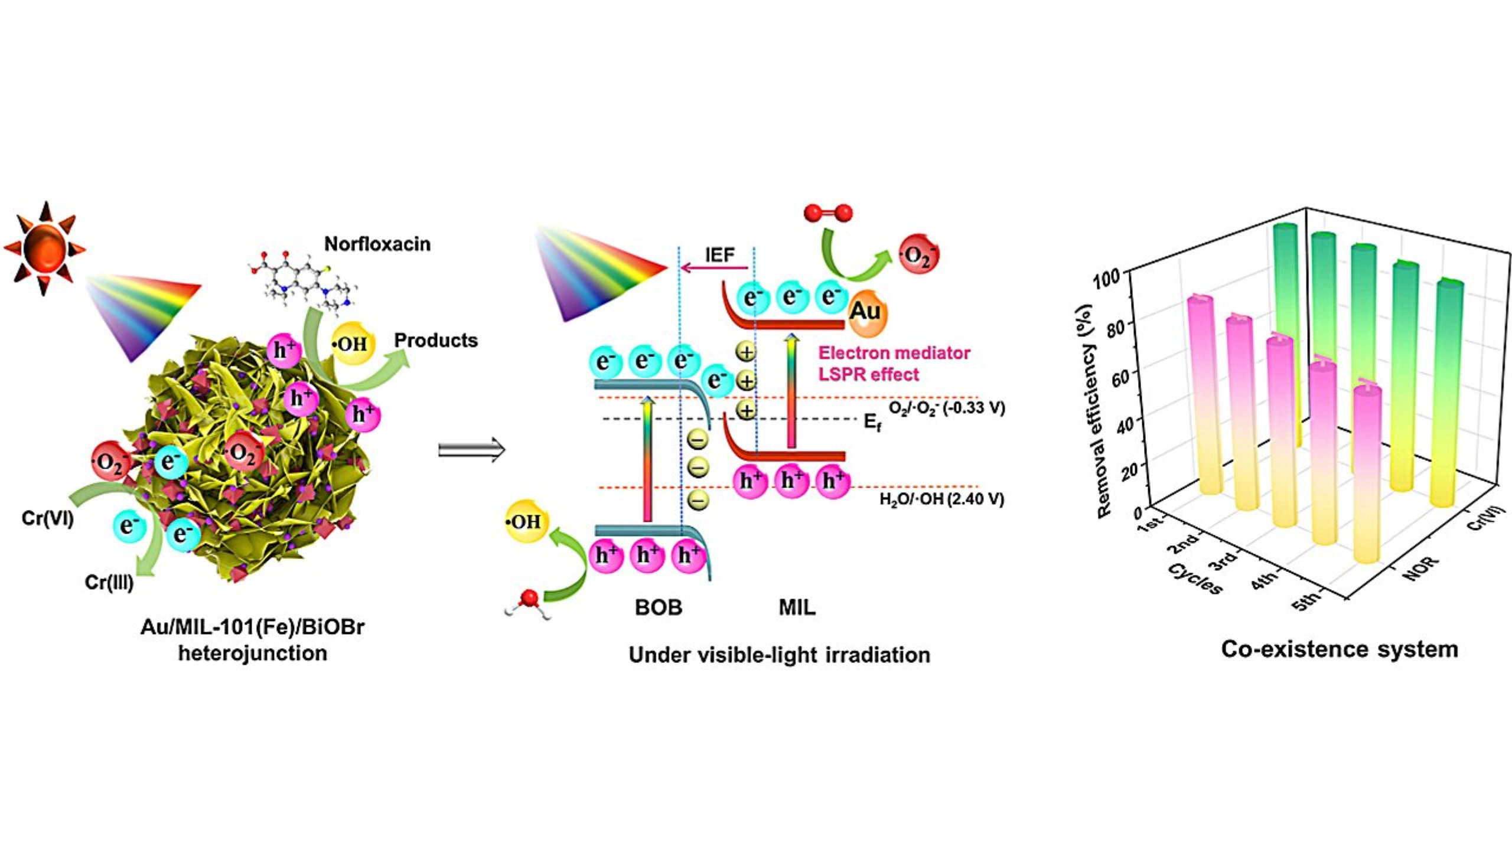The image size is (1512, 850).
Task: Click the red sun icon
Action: click(44, 249)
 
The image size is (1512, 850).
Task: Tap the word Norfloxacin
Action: click(377, 244)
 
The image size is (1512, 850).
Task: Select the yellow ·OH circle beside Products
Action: click(353, 344)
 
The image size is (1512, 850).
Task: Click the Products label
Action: click(436, 340)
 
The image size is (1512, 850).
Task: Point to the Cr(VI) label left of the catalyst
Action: click(47, 519)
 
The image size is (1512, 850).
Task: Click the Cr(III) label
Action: click(109, 583)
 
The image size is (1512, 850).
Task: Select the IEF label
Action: click(720, 255)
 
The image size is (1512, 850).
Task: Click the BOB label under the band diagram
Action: click(659, 607)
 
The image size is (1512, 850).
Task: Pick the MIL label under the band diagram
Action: click(797, 607)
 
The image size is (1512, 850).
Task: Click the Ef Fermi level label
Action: click(872, 422)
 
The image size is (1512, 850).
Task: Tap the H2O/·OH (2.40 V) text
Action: click(941, 499)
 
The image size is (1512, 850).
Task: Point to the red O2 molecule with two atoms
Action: click(828, 212)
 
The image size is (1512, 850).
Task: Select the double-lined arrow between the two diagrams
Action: click(471, 450)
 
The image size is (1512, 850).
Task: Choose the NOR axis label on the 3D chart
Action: click(1420, 568)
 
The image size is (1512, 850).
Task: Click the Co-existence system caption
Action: click(1340, 649)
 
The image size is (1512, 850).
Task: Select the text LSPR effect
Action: click(868, 374)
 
